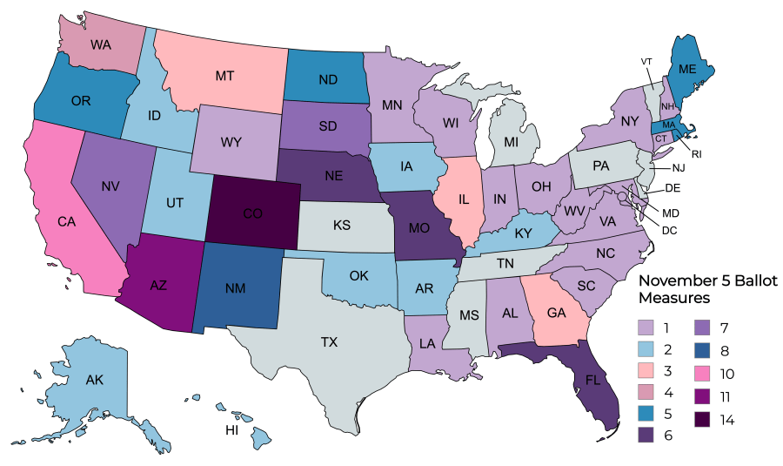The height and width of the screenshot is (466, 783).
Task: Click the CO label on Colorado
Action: pyautogui.click(x=254, y=213)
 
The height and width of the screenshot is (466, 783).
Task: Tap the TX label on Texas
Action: pyautogui.click(x=328, y=342)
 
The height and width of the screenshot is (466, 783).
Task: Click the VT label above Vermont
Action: pyautogui.click(x=647, y=62)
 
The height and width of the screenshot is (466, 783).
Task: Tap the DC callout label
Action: pyautogui.click(x=668, y=230)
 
